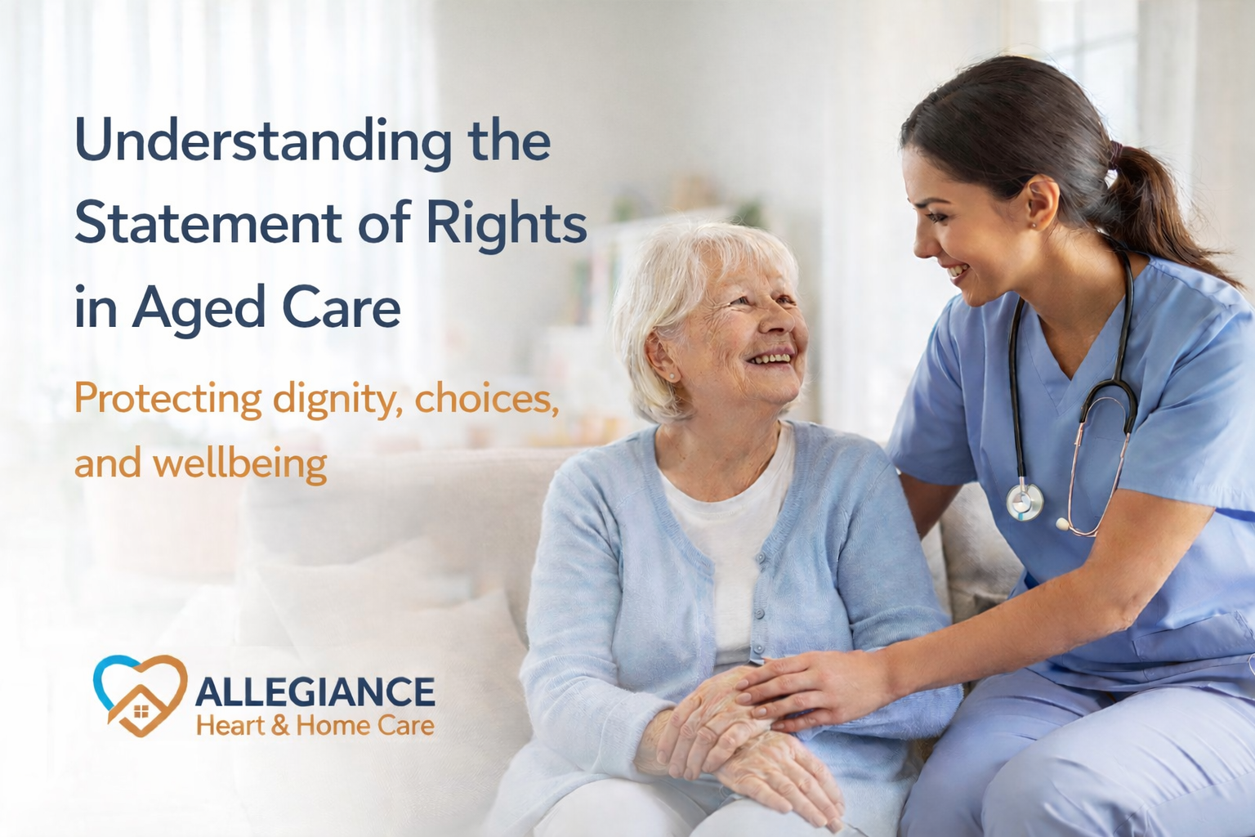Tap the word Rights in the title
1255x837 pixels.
[507, 224]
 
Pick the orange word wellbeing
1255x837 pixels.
[240, 464]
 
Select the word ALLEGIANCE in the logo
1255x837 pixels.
[315, 692]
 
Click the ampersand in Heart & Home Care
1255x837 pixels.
[280, 725]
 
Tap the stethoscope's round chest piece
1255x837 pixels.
[1025, 501]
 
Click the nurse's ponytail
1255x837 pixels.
[1160, 204]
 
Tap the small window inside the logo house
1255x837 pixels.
[141, 713]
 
